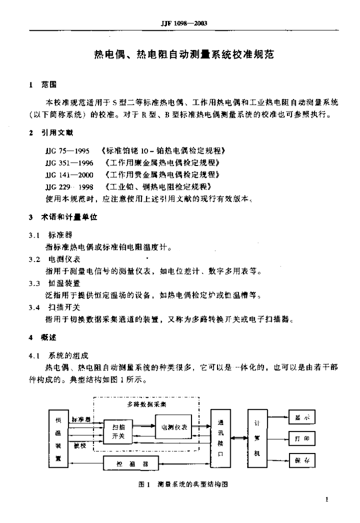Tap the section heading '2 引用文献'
51,133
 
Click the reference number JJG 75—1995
67,151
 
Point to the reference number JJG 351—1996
69,163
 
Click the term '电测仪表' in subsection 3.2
64,259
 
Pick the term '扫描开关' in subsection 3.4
64,307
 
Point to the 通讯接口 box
220,438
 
